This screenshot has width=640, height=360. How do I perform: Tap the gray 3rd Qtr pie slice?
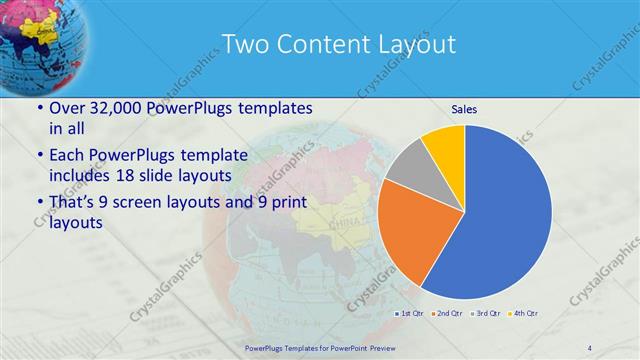pyautogui.click(x=408, y=167)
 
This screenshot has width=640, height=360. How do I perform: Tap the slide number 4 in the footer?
pyautogui.click(x=590, y=347)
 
